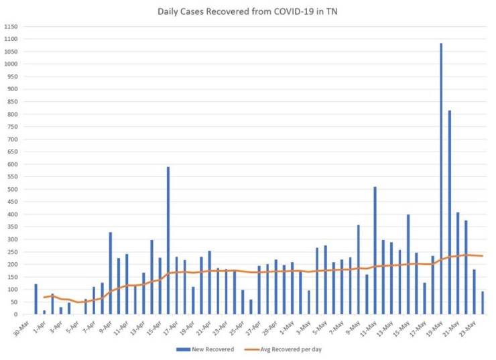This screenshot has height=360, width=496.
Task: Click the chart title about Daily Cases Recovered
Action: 247,11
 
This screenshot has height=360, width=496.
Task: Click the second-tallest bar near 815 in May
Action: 450,212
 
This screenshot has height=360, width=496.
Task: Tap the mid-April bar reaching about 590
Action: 168,240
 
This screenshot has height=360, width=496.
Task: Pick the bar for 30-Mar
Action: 36,299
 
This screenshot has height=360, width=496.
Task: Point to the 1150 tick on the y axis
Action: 11,27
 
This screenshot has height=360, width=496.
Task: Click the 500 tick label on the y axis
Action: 11,189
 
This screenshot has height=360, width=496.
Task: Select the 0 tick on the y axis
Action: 15,314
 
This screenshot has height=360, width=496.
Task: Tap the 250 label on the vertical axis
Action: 11,252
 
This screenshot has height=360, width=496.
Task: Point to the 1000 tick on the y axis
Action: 11,64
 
